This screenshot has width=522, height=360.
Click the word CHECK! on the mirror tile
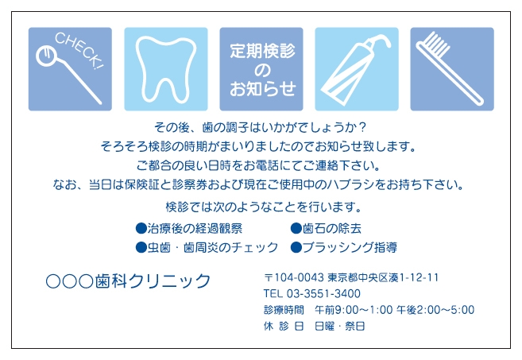click(x=79, y=50)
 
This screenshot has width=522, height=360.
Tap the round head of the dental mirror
click(x=46, y=56)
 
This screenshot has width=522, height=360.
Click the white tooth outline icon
click(x=166, y=70)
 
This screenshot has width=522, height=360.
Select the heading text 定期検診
click(x=262, y=51)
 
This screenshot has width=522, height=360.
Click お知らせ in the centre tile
click(x=263, y=88)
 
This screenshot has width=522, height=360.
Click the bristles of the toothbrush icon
click(x=436, y=44)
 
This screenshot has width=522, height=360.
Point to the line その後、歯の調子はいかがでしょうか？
click(x=261, y=127)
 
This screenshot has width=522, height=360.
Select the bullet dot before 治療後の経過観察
click(x=141, y=228)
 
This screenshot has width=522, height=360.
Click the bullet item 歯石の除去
click(x=332, y=228)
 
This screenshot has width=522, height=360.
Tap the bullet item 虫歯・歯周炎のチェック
click(x=213, y=247)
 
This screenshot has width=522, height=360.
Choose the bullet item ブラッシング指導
click(x=350, y=247)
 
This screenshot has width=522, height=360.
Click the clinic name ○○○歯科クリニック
click(x=128, y=281)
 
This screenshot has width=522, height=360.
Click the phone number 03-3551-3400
click(x=323, y=293)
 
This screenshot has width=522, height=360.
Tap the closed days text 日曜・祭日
click(x=340, y=326)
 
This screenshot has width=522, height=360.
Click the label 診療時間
click(x=284, y=310)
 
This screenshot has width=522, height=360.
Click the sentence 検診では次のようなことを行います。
click(x=264, y=207)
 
